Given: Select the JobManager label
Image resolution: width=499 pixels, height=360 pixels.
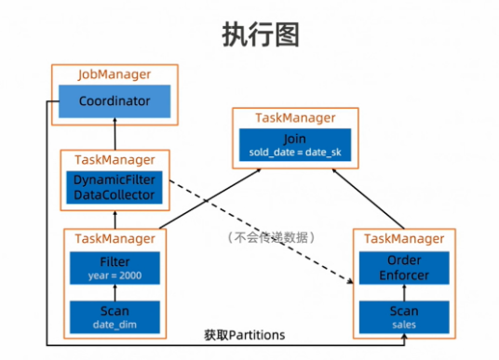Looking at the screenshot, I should [115, 74].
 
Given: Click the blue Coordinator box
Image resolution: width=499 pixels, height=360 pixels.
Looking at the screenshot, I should [115, 101].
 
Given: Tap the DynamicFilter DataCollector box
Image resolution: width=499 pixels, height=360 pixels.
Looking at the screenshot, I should [115, 186].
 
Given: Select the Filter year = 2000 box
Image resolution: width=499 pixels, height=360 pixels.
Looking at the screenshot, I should [115, 268].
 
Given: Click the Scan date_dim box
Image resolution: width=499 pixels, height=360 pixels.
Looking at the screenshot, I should [115, 316].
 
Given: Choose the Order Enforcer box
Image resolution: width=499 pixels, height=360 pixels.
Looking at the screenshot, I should [404, 269].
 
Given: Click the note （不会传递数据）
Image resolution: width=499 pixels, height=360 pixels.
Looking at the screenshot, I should [272, 238].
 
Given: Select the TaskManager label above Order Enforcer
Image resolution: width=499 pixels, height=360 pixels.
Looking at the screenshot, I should [404, 239].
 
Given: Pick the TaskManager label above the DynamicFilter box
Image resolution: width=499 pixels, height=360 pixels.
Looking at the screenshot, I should [115, 159].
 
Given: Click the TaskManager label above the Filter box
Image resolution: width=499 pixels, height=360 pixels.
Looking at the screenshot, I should [115, 238].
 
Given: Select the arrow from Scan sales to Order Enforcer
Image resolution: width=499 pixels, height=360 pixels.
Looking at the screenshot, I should [404, 294].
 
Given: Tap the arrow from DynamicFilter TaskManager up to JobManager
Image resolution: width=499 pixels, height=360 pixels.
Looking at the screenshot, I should [115, 136].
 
